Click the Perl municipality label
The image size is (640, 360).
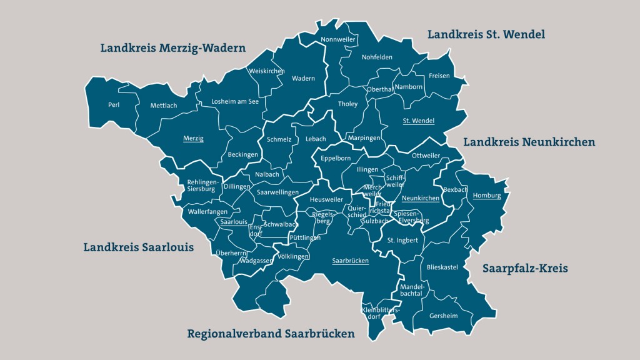[x=113, y=105]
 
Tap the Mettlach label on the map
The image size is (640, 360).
[x=164, y=106]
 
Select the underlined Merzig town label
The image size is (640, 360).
[x=193, y=138]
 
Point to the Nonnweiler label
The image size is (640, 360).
[x=337, y=40]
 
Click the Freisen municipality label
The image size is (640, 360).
[x=439, y=76]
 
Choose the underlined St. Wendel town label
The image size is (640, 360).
[x=418, y=121]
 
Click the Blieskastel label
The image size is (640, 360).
[x=442, y=267]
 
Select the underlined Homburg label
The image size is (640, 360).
[x=487, y=196]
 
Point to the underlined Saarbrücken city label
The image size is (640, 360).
[x=350, y=261]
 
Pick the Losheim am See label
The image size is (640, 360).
[x=235, y=101]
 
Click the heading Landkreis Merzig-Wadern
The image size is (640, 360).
[x=173, y=48]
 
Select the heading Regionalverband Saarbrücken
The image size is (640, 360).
[x=271, y=334]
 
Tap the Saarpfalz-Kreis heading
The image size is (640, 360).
[x=525, y=268]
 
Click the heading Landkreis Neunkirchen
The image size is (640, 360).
[x=529, y=142]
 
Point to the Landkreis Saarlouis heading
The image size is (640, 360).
[x=138, y=247]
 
